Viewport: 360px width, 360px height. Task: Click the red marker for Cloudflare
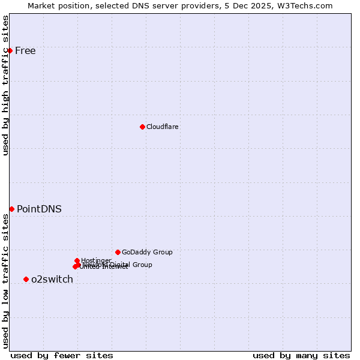142,127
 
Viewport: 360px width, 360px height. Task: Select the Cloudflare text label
163,127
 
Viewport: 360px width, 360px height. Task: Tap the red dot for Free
10,50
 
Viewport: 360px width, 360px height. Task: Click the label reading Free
25,50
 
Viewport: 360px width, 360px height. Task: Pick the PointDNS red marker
11,209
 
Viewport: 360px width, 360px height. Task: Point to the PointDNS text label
39,209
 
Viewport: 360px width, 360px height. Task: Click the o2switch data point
26,279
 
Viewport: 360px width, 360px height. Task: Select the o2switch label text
52,279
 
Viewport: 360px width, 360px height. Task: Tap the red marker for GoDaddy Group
118,252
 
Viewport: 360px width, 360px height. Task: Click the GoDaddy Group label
147,252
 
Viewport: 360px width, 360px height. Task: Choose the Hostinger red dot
77,260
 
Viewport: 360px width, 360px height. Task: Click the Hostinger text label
96,260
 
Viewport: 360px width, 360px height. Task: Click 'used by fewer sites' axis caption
62,355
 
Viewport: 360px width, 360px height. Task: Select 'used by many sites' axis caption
301,355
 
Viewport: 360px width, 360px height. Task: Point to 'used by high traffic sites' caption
6,85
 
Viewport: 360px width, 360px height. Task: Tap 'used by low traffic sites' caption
6,281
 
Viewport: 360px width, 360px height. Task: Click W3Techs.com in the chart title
308,5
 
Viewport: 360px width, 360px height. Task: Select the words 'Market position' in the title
58,5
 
